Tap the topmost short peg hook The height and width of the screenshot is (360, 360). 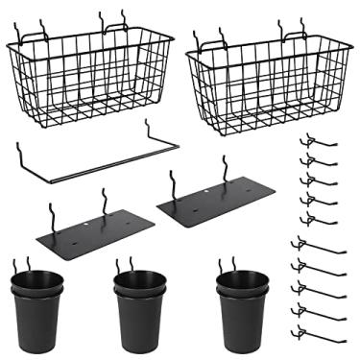(x=316, y=141)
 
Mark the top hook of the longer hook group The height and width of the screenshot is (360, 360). (x=317, y=246)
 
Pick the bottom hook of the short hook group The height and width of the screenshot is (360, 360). (x=316, y=218)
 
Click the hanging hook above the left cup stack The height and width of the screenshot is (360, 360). (x=30, y=263)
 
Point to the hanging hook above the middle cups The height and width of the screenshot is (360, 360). (x=125, y=264)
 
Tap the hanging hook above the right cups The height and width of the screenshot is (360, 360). (x=228, y=265)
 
